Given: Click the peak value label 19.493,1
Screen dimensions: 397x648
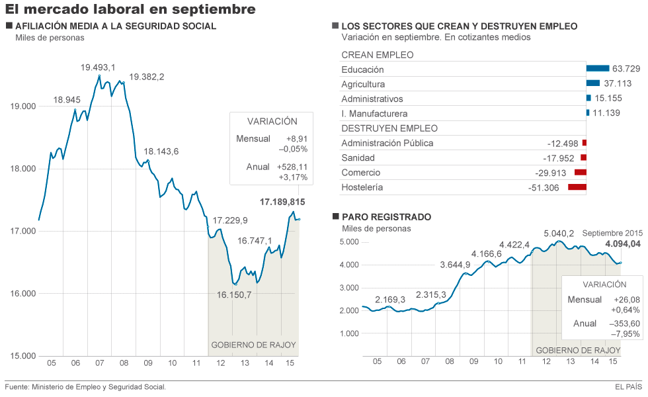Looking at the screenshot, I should [x=98, y=67].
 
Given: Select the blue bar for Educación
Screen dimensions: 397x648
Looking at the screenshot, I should [x=597, y=68].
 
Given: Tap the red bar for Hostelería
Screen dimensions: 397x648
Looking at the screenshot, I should [x=577, y=187].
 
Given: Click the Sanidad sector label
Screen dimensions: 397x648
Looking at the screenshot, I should [x=358, y=158].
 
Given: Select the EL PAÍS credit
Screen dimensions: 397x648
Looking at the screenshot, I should [x=628, y=387].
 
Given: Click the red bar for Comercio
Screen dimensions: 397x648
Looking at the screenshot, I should [x=581, y=173].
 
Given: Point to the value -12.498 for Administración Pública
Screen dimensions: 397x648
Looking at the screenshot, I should [x=563, y=144].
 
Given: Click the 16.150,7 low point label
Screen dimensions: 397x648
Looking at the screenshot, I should [x=234, y=294].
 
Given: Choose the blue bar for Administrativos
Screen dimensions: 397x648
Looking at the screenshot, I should [x=588, y=98].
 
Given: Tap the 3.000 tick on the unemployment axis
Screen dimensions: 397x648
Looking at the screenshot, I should [x=348, y=288].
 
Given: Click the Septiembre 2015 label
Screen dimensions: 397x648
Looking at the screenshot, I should [x=612, y=233].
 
